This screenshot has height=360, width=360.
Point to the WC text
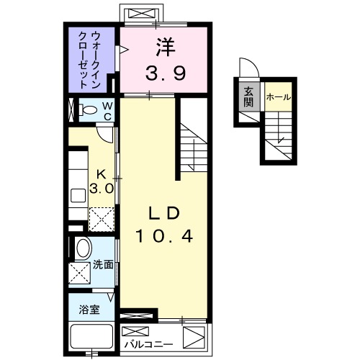(106, 112)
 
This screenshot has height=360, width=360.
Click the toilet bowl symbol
(90, 111)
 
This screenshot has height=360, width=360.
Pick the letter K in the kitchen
(101, 174)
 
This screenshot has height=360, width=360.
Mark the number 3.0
(101, 189)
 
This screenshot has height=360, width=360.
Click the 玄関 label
(248, 96)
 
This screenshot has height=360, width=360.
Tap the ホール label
(278, 96)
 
